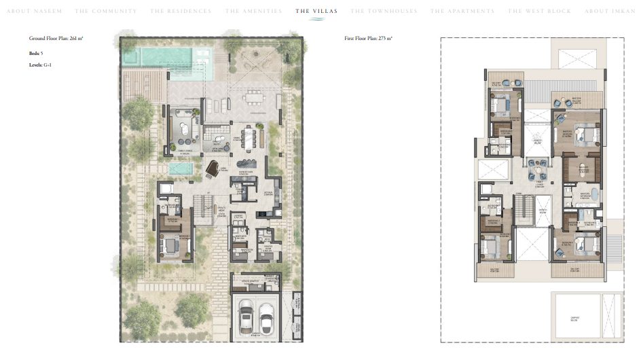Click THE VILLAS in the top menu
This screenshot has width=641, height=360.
[x=316, y=12]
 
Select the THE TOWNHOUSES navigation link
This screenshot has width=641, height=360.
[x=384, y=12]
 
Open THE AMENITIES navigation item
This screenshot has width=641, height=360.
[x=253, y=12]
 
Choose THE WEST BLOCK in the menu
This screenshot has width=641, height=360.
[x=539, y=12]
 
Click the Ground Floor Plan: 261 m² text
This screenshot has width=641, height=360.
[x=56, y=39]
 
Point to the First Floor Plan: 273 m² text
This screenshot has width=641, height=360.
[x=369, y=39]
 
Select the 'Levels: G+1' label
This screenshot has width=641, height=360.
[x=40, y=65]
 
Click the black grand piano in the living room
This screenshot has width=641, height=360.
[x=212, y=168]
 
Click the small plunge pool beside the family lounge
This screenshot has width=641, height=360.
[x=180, y=168]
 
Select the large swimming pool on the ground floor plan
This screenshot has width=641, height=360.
[x=167, y=56]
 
